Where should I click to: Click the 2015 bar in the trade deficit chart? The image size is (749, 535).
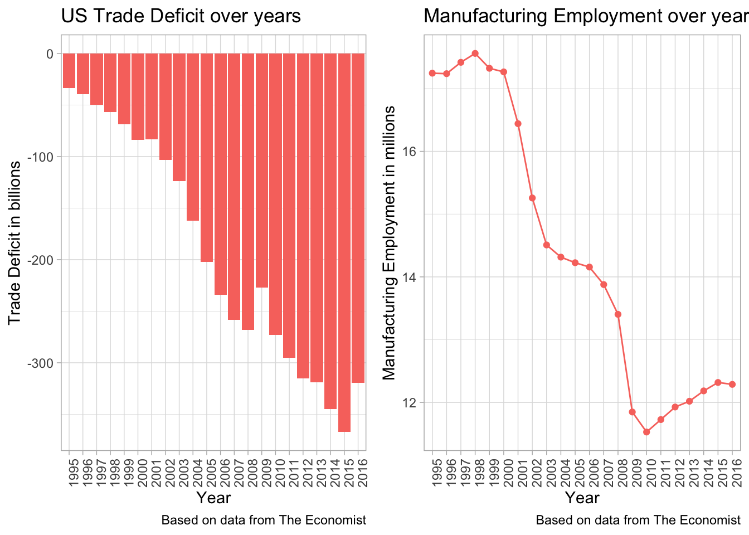click(344, 242)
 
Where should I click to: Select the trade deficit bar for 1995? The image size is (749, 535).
click(69, 71)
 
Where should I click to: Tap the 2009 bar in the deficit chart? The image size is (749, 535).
click(262, 171)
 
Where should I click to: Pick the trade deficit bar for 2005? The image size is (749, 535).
click(207, 158)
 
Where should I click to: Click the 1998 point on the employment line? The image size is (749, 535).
click(475, 53)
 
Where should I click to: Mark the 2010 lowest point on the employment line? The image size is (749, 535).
click(646, 432)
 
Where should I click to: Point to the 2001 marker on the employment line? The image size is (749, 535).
click(518, 124)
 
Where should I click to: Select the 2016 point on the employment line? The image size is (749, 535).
click(732, 385)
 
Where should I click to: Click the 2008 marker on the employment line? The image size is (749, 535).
click(618, 314)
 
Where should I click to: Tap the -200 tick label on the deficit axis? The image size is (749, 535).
click(42, 260)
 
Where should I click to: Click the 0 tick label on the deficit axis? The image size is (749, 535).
click(50, 53)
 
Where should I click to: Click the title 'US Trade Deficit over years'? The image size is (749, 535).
click(181, 16)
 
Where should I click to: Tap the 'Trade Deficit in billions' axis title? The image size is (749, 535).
click(14, 242)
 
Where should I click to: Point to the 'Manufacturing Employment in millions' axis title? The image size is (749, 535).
click(390, 242)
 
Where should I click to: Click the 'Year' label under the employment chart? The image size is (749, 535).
click(582, 497)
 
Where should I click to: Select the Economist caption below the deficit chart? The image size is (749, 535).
click(264, 521)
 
